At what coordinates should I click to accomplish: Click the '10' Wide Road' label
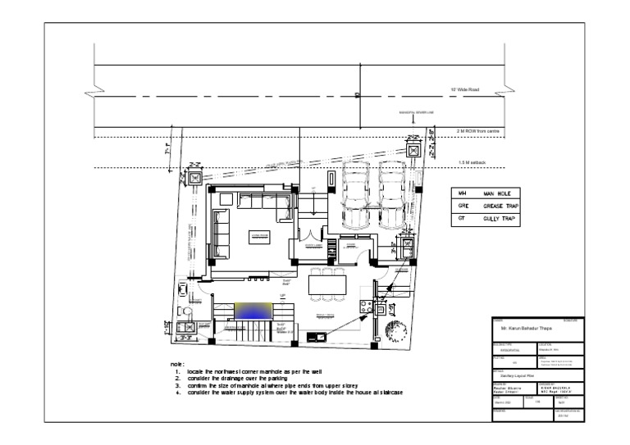pos(467,90)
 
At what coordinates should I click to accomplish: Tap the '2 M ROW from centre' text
pos(484,131)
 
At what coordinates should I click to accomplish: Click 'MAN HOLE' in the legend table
pos(497,193)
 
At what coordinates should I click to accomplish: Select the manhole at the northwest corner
pos(195,178)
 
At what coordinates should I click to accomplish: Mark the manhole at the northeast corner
pos(414,152)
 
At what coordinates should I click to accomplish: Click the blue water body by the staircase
pos(255,312)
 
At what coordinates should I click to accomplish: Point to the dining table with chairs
pos(326,287)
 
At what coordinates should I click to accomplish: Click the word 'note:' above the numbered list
pos(177,363)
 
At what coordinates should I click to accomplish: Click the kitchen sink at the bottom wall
pos(313,336)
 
